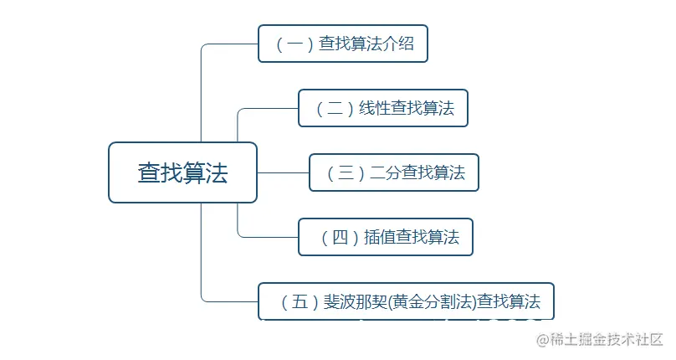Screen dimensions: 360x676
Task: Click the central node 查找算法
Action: [x=182, y=172]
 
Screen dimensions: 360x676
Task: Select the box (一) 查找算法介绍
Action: [x=342, y=44]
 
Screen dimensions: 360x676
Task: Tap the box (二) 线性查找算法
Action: [x=382, y=108]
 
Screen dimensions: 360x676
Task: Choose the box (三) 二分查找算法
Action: [x=393, y=172]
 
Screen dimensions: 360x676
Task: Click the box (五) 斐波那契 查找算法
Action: [x=406, y=301]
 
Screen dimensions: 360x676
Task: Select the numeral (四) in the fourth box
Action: [x=340, y=237]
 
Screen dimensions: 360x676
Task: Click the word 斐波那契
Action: [x=355, y=301]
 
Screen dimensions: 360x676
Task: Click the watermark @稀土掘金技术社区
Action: [x=600, y=340]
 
